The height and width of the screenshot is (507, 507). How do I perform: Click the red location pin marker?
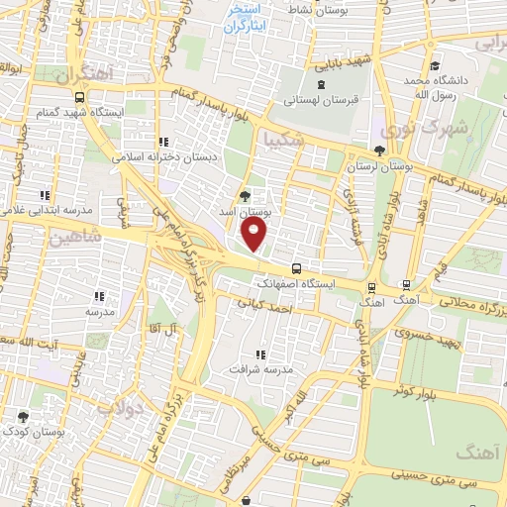tap(255, 235)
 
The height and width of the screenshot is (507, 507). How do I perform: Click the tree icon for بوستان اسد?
tap(246, 194)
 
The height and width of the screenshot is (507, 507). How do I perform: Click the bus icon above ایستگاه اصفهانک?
tap(297, 267)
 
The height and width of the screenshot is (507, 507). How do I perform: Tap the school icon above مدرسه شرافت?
tap(261, 354)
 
